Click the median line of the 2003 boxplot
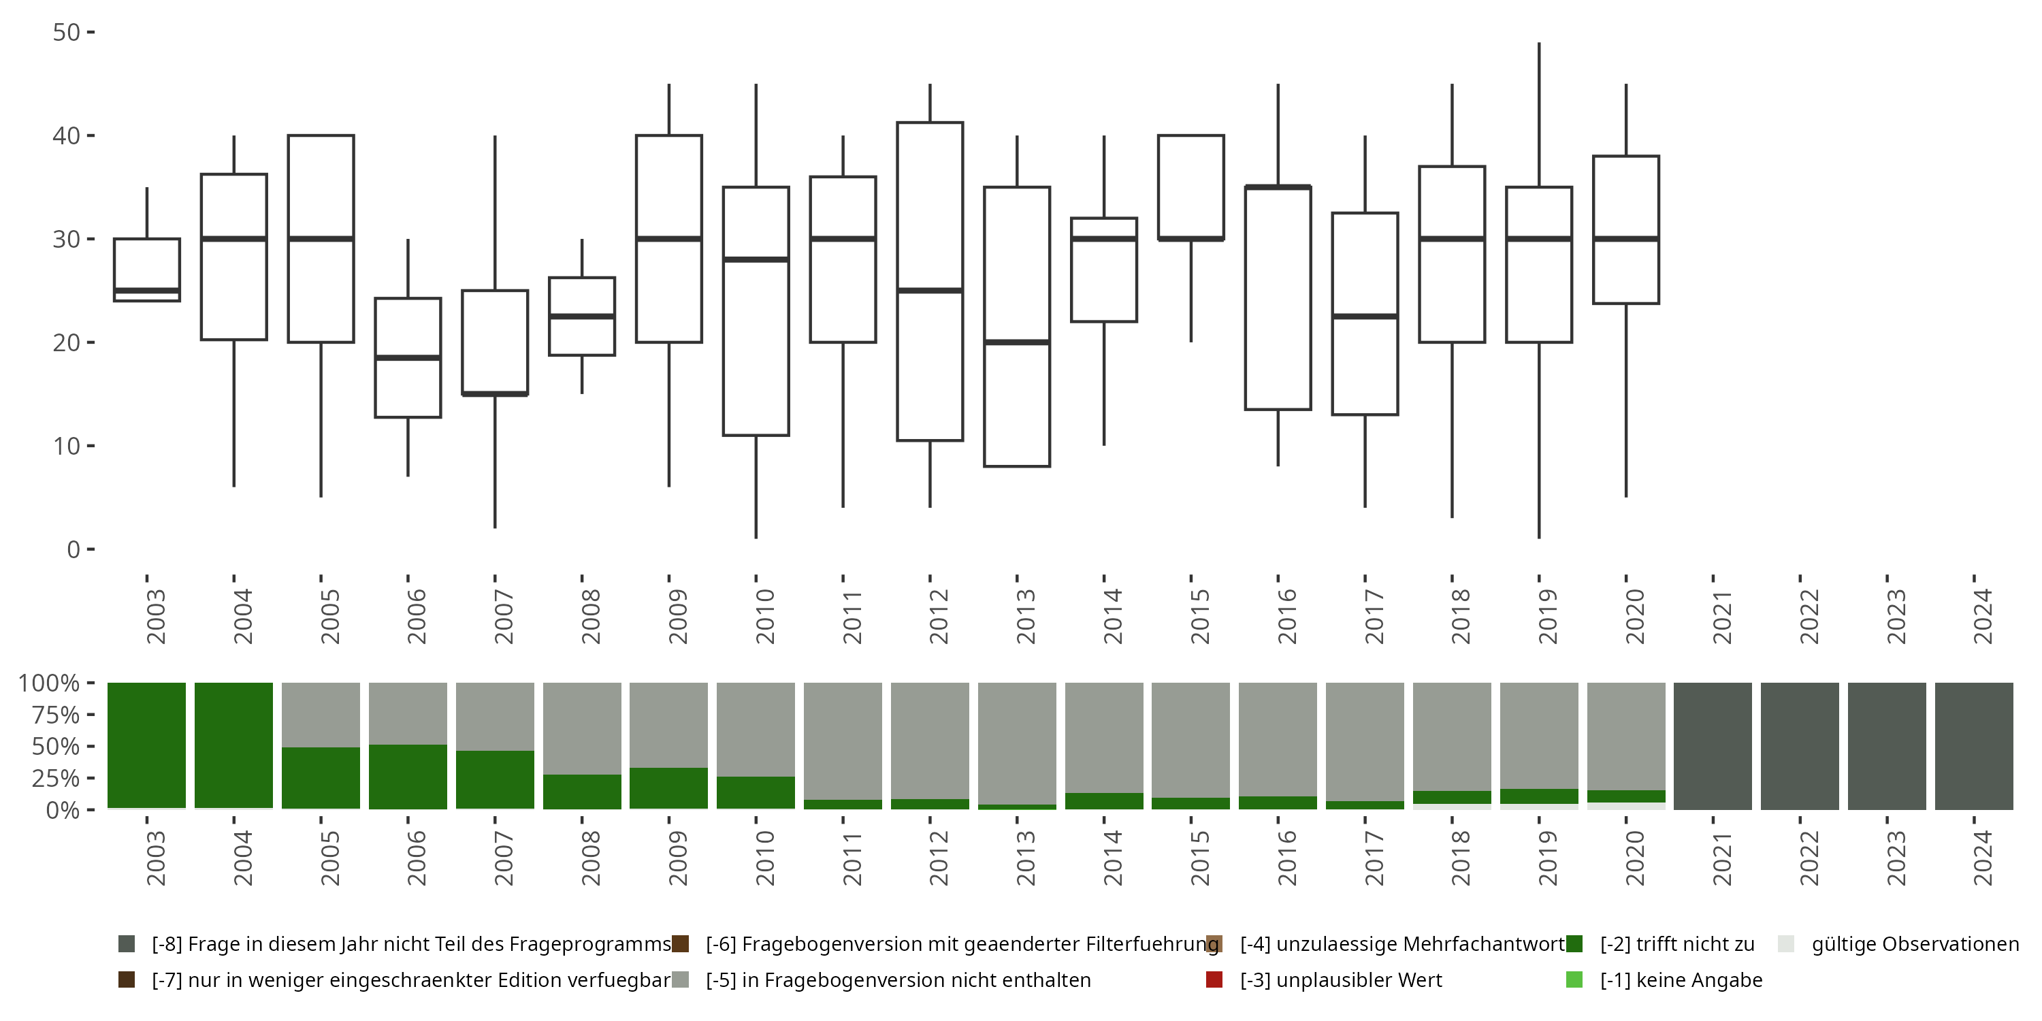coord(146,291)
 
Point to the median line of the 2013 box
coord(1017,342)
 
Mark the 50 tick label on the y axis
coord(67,33)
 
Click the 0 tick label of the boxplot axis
coord(74,549)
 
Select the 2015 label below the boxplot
coord(1199,617)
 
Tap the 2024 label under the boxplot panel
coord(1981,617)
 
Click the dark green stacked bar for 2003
coord(146,745)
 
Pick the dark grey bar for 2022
coord(1800,746)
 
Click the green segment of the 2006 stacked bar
coord(408,777)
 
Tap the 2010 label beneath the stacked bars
coord(764,858)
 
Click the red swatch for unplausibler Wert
coord(1214,979)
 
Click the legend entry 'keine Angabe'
coord(1681,979)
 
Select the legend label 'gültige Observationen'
coord(1914,944)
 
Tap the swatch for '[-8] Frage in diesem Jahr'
coord(127,944)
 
